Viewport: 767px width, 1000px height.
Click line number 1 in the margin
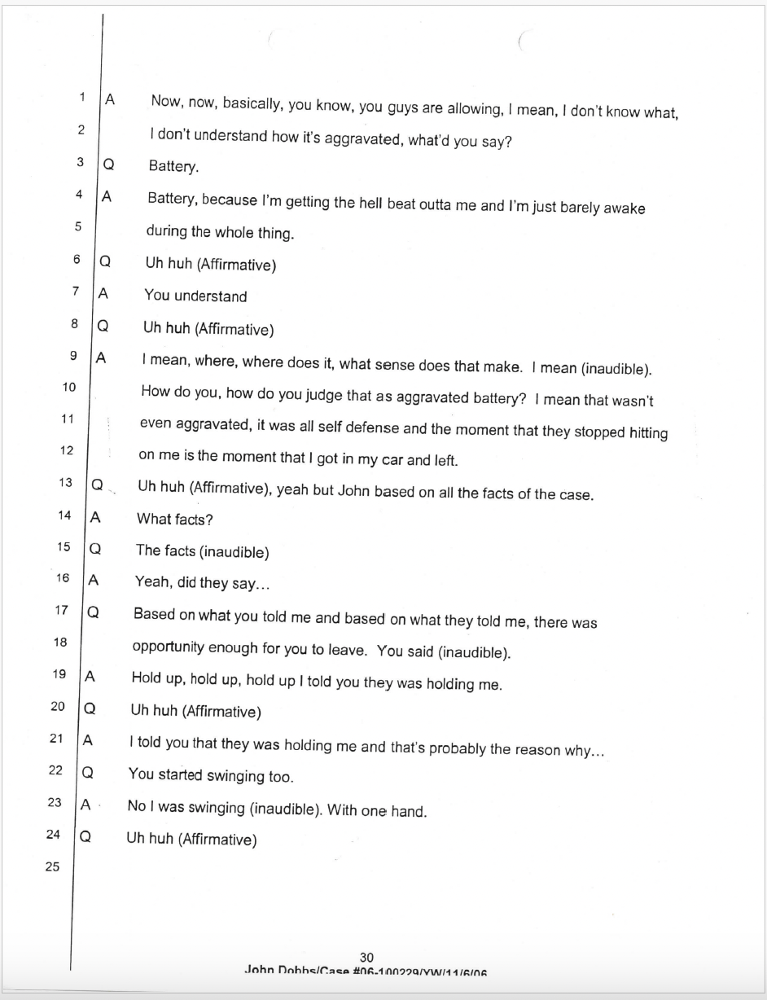pyautogui.click(x=82, y=98)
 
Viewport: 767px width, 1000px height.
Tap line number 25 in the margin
pyautogui.click(x=52, y=866)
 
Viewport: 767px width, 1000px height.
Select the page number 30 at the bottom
pyautogui.click(x=366, y=958)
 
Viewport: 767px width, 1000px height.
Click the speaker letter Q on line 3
pyautogui.click(x=106, y=163)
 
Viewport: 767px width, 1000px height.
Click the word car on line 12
pyautogui.click(x=387, y=460)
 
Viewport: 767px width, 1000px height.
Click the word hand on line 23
pyautogui.click(x=408, y=811)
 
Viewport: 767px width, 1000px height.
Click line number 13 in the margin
pyautogui.click(x=65, y=483)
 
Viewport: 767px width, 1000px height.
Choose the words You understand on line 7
pyautogui.click(x=195, y=296)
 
